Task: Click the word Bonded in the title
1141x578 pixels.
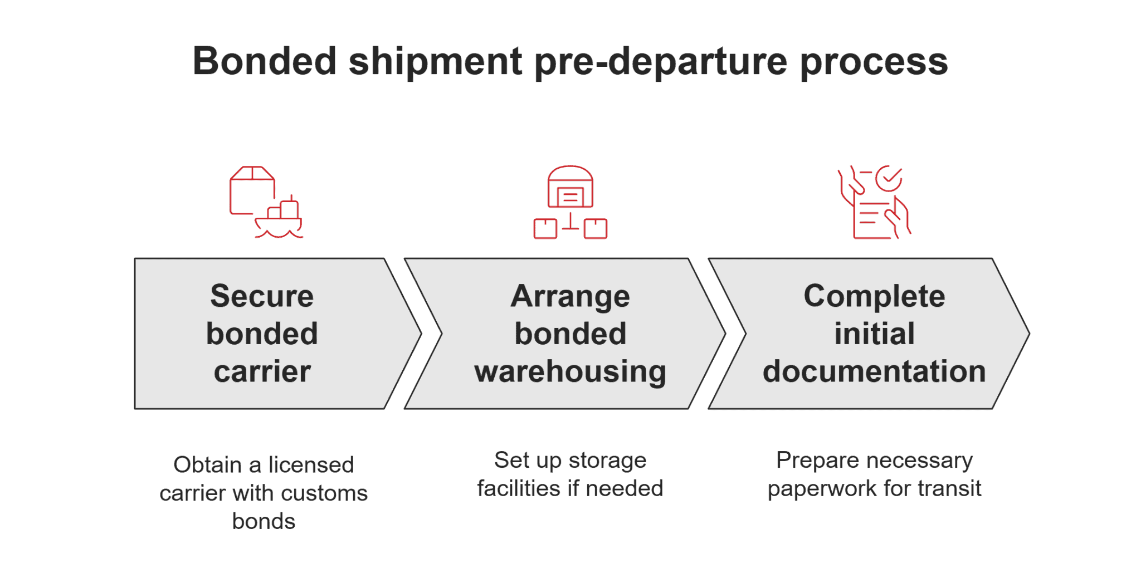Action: click(x=265, y=61)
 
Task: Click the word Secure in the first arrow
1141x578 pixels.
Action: click(x=262, y=296)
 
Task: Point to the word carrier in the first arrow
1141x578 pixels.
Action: click(x=262, y=371)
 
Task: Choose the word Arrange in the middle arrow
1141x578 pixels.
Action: click(x=570, y=297)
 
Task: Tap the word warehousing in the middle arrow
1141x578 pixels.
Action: click(x=570, y=372)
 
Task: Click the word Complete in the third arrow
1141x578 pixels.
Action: click(x=874, y=297)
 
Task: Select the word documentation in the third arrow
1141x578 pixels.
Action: click(x=874, y=371)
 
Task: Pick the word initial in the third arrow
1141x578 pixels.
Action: click(x=874, y=334)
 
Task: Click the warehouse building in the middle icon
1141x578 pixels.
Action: click(x=570, y=187)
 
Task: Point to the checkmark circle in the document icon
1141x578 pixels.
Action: click(x=889, y=178)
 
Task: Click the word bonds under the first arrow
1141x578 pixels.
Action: click(x=264, y=522)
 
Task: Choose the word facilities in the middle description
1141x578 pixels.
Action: click(x=519, y=489)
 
